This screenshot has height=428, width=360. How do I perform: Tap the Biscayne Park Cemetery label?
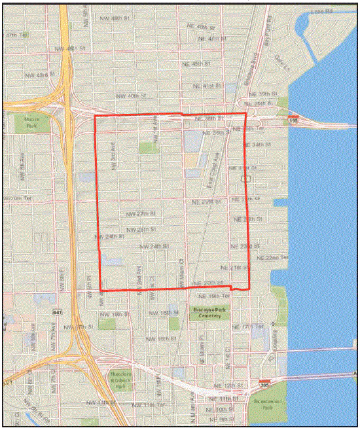[210, 312]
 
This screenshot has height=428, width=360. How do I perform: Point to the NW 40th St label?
[126, 96]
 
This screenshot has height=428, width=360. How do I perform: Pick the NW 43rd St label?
[37, 75]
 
